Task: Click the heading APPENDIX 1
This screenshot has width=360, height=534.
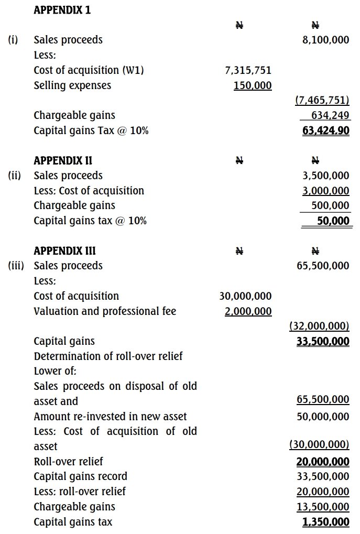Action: click(62, 10)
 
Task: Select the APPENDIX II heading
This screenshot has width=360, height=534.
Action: click(63, 160)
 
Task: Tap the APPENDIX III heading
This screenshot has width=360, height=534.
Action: click(64, 250)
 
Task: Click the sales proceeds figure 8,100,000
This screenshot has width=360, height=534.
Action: click(326, 40)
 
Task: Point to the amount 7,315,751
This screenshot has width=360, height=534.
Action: click(248, 70)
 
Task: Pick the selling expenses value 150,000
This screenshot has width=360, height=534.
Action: click(253, 85)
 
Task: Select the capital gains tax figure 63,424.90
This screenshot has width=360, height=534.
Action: click(326, 130)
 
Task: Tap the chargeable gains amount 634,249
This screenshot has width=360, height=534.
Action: click(331, 115)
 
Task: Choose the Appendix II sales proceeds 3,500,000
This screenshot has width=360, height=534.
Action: click(326, 176)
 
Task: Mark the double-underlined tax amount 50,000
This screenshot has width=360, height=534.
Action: click(334, 221)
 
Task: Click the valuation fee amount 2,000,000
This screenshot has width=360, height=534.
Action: click(248, 311)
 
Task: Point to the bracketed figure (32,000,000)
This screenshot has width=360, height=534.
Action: click(319, 326)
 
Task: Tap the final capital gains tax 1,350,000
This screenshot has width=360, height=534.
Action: click(326, 522)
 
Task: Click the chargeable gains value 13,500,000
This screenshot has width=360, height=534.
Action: click(323, 507)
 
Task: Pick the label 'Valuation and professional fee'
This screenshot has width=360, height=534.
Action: click(105, 311)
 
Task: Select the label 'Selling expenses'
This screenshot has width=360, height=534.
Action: click(72, 85)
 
